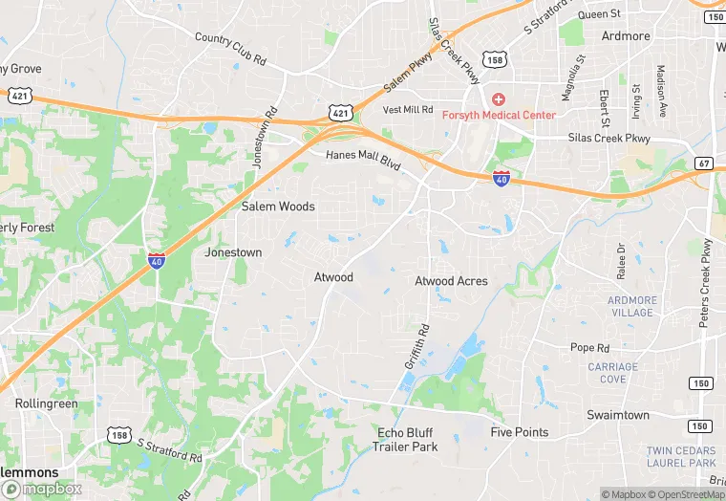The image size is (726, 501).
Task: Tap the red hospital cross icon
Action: pyautogui.click(x=498, y=99)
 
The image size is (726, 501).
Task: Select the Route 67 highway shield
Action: pyautogui.click(x=703, y=163)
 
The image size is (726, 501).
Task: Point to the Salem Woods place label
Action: pyautogui.click(x=278, y=207)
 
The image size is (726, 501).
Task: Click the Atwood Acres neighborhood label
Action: pyautogui.click(x=451, y=281)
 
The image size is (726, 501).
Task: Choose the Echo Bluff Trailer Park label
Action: pyautogui.click(x=407, y=440)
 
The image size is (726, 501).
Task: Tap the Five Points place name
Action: pyautogui.click(x=520, y=432)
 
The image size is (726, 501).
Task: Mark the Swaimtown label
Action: pyautogui.click(x=617, y=415)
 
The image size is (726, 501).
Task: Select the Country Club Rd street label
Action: pyautogui.click(x=229, y=50)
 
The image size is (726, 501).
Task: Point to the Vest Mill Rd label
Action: pyautogui.click(x=408, y=110)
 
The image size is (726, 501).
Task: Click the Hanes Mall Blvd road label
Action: pyautogui.click(x=362, y=161)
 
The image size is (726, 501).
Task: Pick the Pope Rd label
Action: pyautogui.click(x=589, y=348)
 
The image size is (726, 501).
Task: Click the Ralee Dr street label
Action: pyautogui.click(x=621, y=261)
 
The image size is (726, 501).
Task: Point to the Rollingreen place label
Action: pyautogui.click(x=46, y=403)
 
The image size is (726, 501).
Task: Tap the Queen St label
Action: pyautogui.click(x=600, y=14)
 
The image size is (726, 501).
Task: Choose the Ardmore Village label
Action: pyautogui.click(x=632, y=306)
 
